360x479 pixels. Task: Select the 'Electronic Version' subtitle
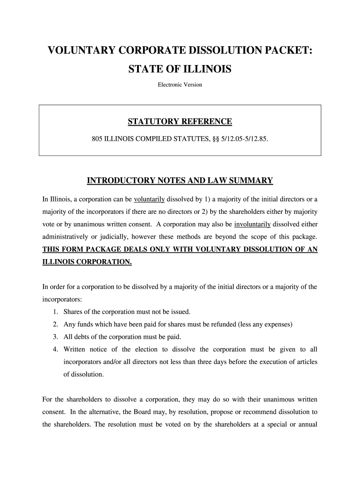180,85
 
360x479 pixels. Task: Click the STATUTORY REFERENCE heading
180,122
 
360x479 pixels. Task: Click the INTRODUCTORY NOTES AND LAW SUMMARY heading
180,181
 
